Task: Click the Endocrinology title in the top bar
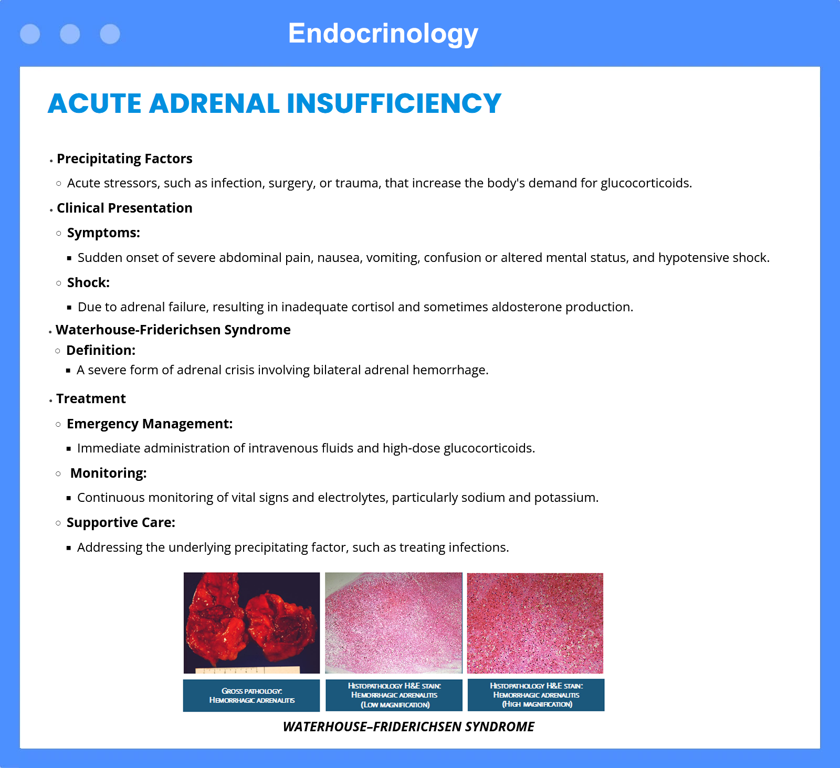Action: pos(383,34)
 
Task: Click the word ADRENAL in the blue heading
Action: pos(214,103)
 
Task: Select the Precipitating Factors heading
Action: pos(124,159)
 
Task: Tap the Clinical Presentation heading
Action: pos(124,208)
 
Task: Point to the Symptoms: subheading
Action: pos(103,233)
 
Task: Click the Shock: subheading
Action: pos(88,282)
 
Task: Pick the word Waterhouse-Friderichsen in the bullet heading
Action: pos(138,330)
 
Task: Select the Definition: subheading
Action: pos(101,350)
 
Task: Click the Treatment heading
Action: pos(91,398)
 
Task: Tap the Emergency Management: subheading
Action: pos(150,424)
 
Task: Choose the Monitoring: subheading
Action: pos(108,473)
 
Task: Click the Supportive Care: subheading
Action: pos(121,523)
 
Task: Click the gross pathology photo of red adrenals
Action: pos(251,623)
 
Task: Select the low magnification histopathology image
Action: pos(394,623)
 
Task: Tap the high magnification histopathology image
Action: pos(535,623)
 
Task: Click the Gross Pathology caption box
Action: pos(251,696)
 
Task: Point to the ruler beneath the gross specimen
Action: pos(248,670)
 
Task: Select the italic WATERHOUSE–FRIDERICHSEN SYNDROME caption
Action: pos(408,727)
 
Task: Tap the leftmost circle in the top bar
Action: pos(30,34)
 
